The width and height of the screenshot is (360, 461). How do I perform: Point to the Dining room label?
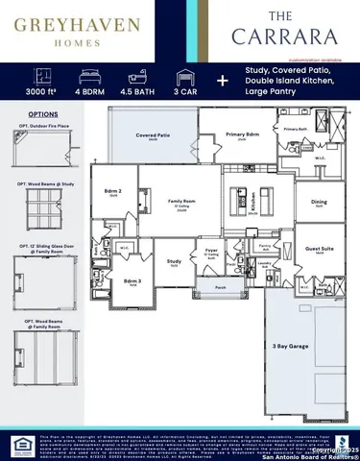point(319,202)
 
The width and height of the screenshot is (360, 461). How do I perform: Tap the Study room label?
point(174,260)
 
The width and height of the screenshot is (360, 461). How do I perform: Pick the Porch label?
point(220,286)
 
